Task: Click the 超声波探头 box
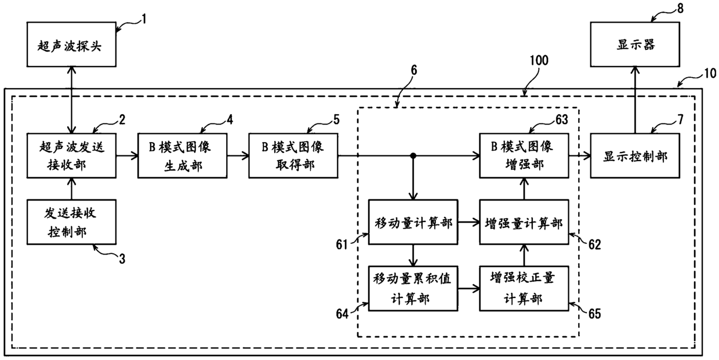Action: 71,44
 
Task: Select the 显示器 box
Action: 635,44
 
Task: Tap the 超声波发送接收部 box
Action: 71,155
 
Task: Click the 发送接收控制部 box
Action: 71,222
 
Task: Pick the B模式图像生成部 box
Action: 182,155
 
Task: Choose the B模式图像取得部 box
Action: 293,155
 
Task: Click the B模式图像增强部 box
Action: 524,155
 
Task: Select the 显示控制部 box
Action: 635,155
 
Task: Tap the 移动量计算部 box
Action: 413,222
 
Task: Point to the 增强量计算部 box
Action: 524,222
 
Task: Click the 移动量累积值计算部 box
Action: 413,289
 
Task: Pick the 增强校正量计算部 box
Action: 524,289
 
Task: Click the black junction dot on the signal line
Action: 413,156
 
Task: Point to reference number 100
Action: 539,60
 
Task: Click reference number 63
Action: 562,119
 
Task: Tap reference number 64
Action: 342,314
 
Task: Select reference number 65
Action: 594,314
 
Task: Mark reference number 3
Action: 122,259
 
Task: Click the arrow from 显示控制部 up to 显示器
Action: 635,100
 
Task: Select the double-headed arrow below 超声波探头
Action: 71,100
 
